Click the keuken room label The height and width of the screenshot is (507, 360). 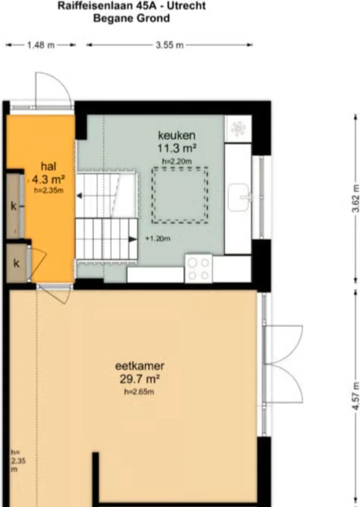pos(177,135)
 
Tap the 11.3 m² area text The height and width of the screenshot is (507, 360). pos(177,147)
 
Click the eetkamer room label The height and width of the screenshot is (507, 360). pos(140,366)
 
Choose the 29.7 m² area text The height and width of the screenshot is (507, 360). pos(140,379)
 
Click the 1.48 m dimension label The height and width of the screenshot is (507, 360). pos(41,45)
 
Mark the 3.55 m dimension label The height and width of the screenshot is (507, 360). pos(169,45)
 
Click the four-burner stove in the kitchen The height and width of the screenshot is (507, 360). pos(198,268)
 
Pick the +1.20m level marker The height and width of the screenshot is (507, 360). pos(158,239)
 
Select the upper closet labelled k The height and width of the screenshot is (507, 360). pos(14,206)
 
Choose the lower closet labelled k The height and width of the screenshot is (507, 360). pos(16,264)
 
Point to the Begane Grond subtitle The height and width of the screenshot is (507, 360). pos(131,19)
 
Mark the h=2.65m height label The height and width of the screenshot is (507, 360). pos(140,391)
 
